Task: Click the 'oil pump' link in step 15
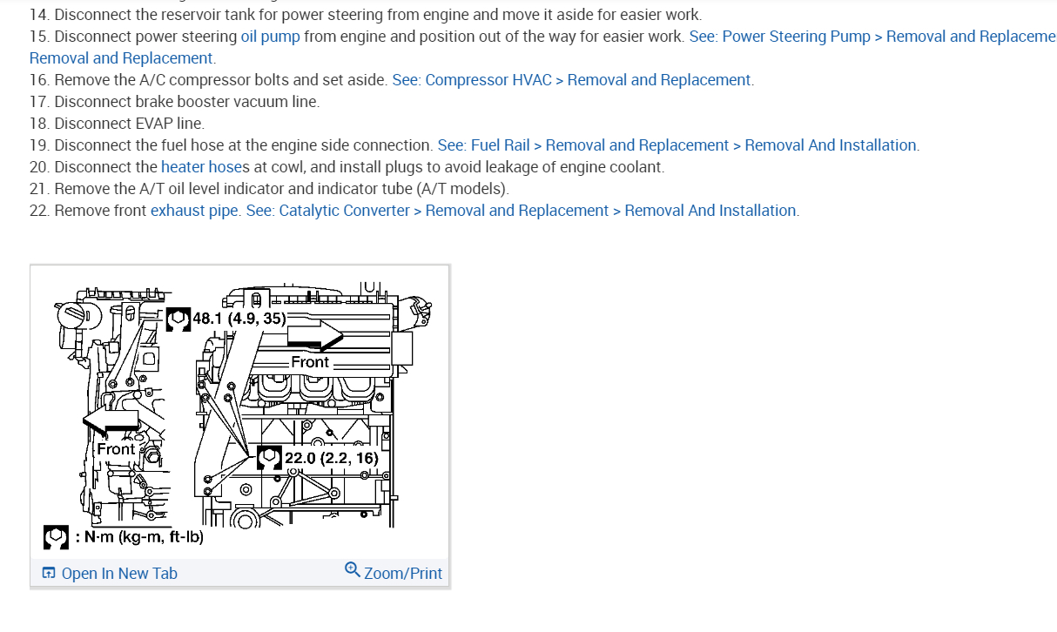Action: (x=270, y=37)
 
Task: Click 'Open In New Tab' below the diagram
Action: (x=118, y=573)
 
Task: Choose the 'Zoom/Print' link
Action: (x=403, y=573)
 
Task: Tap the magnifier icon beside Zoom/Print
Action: (x=353, y=570)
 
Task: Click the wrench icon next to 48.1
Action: (x=178, y=319)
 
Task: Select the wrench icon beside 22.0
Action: (x=270, y=457)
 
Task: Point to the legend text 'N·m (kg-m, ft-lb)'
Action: (x=139, y=537)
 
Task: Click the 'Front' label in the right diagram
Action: (x=310, y=362)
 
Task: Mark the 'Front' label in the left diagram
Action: (x=115, y=449)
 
